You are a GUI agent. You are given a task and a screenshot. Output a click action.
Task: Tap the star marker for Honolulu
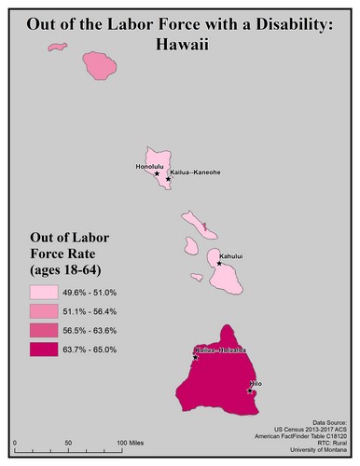[156, 172]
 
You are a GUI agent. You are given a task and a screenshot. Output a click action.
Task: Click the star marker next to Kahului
[219, 263]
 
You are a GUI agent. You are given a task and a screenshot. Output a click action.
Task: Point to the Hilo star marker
[250, 391]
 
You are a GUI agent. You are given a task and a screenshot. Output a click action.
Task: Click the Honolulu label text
[149, 166]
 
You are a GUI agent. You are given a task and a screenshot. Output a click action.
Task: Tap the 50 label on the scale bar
[68, 443]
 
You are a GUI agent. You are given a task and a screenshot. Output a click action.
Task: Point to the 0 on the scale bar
[16, 443]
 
